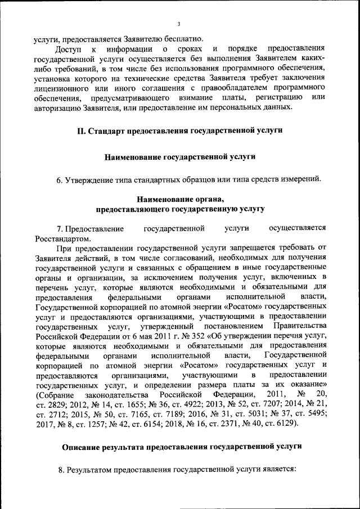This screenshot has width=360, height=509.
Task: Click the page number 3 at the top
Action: click(x=178, y=24)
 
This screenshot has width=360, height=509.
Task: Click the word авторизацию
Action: click(x=60, y=108)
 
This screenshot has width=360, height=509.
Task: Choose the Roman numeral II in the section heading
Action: click(x=82, y=130)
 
